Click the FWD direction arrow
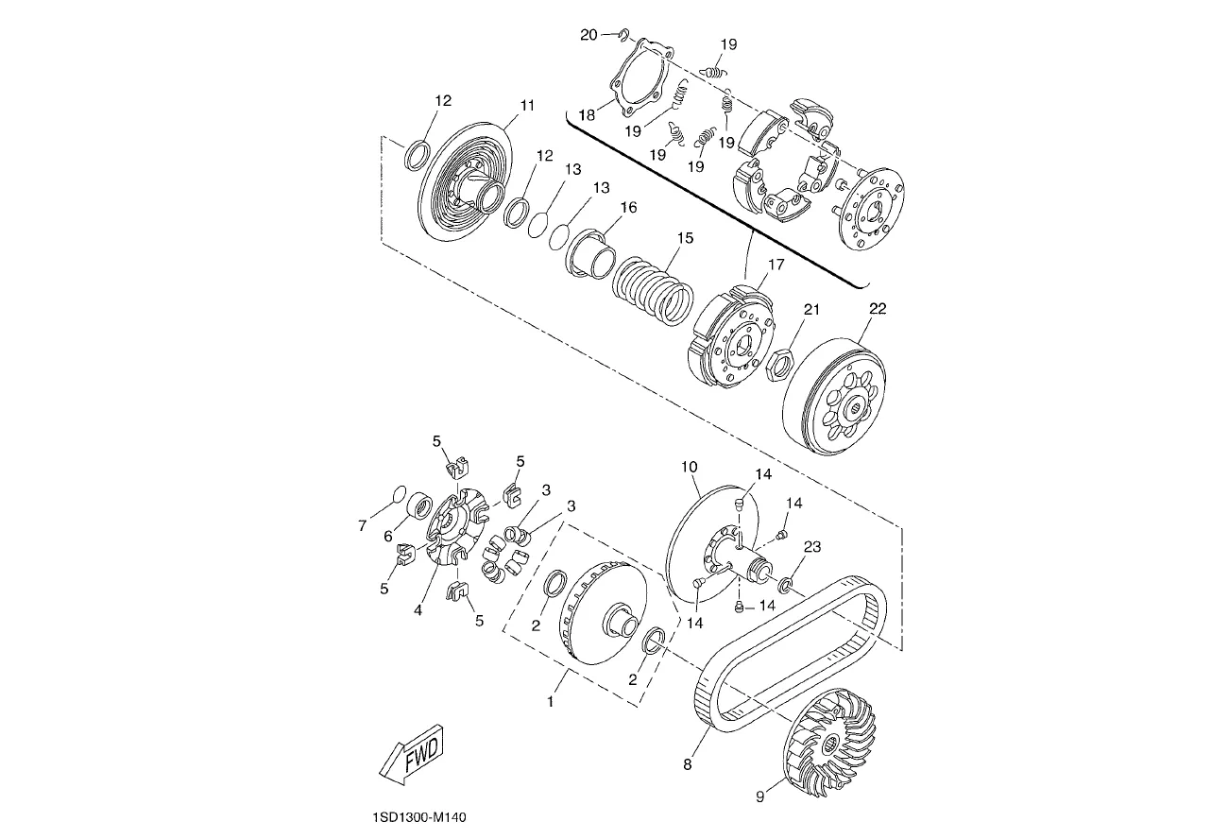pyautogui.click(x=411, y=755)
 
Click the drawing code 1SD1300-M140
pyautogui.click(x=419, y=817)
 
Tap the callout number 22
pyautogui.click(x=878, y=309)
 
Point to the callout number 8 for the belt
pyautogui.click(x=688, y=764)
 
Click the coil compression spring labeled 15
pyautogui.click(x=653, y=288)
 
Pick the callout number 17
pyautogui.click(x=776, y=265)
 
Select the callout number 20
pyautogui.click(x=588, y=35)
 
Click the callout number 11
pyautogui.click(x=527, y=105)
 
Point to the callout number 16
pyautogui.click(x=629, y=207)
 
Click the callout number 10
pyautogui.click(x=690, y=467)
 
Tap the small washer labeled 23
pyautogui.click(x=786, y=585)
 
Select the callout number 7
pyautogui.click(x=362, y=526)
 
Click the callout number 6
pyautogui.click(x=388, y=537)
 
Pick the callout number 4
pyautogui.click(x=418, y=610)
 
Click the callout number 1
pyautogui.click(x=551, y=701)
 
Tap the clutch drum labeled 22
pyautogui.click(x=834, y=395)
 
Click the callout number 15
pyautogui.click(x=685, y=238)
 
